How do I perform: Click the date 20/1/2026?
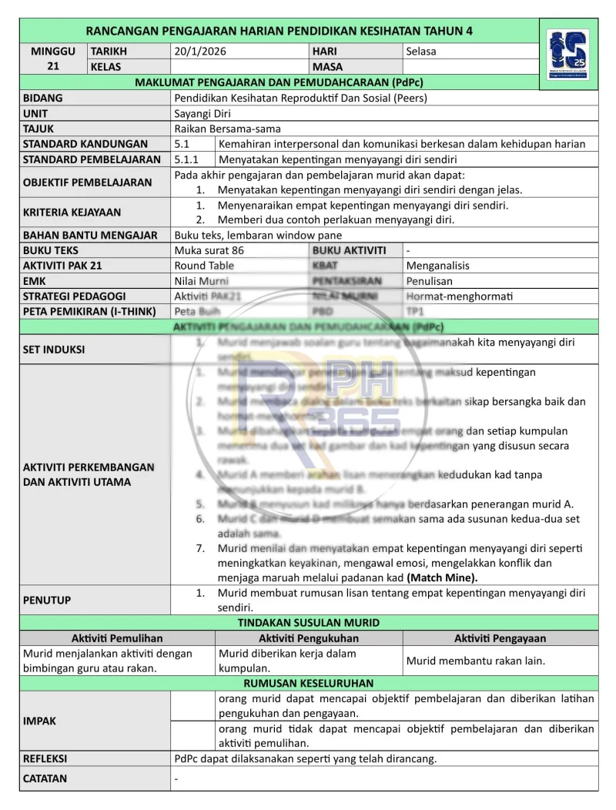tap(200, 52)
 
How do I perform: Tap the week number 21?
tap(53, 66)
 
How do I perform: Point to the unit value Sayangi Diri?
tap(198, 113)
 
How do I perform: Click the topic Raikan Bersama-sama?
tap(227, 129)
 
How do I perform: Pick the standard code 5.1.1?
tap(187, 159)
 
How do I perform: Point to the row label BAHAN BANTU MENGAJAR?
tap(90, 235)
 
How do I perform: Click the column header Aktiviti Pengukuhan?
tap(309, 638)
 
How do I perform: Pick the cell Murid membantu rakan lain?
tap(476, 661)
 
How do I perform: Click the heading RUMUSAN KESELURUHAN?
tap(309, 683)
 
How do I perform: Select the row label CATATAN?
tap(45, 778)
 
